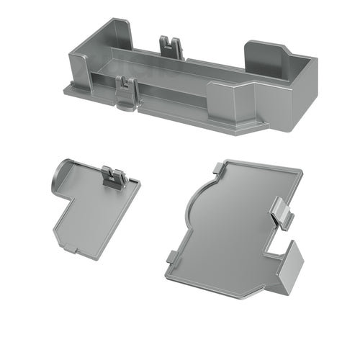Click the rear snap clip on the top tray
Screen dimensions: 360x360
coord(171,45)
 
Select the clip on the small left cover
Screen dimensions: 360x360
coord(113,177)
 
